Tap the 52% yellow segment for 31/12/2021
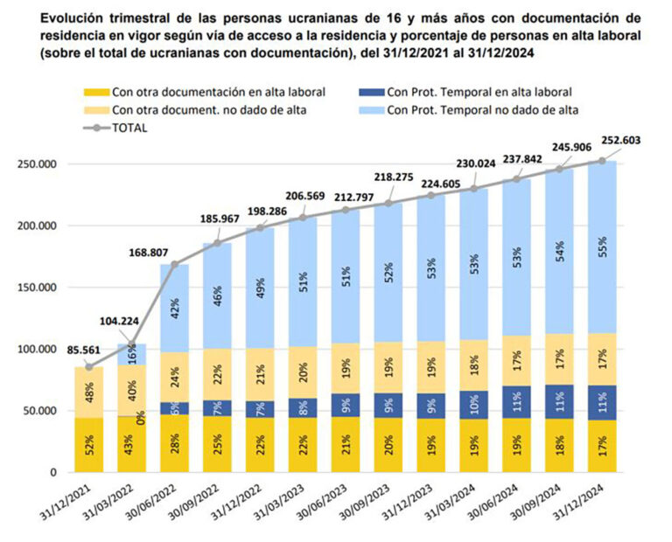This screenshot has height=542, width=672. [89, 445]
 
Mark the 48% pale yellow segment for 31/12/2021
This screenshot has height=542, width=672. [89, 393]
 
